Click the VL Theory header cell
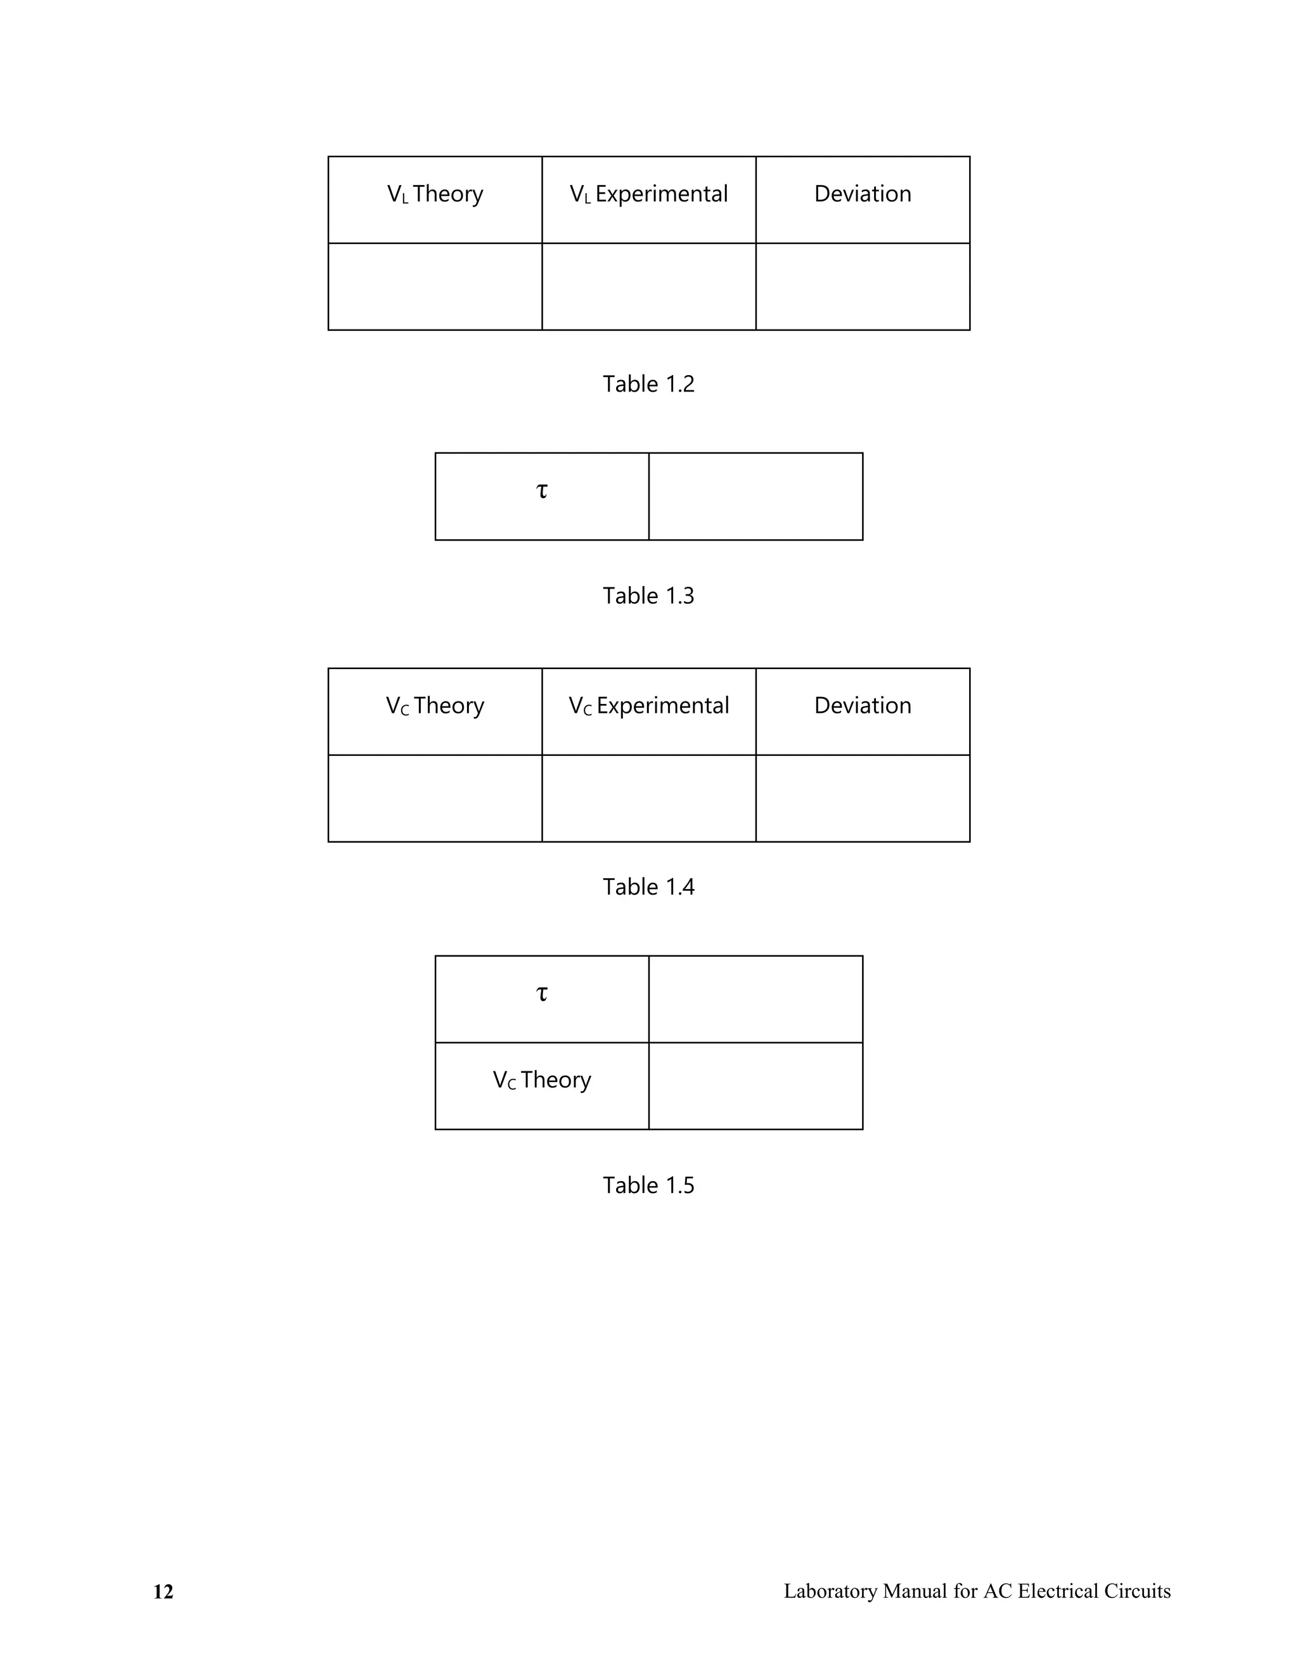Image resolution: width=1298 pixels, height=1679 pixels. tap(435, 195)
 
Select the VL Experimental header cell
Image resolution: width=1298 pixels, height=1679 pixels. tap(648, 195)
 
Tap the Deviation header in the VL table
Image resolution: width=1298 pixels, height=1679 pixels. tap(863, 194)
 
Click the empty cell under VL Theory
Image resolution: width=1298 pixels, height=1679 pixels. tap(435, 287)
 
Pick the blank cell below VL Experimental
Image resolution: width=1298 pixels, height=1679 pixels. tap(648, 287)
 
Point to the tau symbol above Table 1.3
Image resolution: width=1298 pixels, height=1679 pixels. tap(542, 490)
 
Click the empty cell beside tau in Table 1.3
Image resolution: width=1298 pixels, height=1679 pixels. tap(756, 497)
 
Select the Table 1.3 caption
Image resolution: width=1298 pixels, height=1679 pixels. tap(648, 596)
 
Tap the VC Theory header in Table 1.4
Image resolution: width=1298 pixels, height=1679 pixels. tap(435, 706)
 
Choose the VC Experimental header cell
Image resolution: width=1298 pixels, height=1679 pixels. tap(648, 706)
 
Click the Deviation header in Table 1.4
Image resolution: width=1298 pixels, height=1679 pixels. tap(863, 706)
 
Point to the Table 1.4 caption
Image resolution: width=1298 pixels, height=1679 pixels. tap(648, 887)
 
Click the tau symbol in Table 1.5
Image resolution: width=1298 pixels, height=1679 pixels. tap(542, 993)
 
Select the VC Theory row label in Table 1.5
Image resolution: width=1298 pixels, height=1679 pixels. tap(542, 1080)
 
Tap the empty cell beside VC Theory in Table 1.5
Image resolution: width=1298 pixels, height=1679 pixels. tap(756, 1086)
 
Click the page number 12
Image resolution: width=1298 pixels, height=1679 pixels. tap(164, 1592)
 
